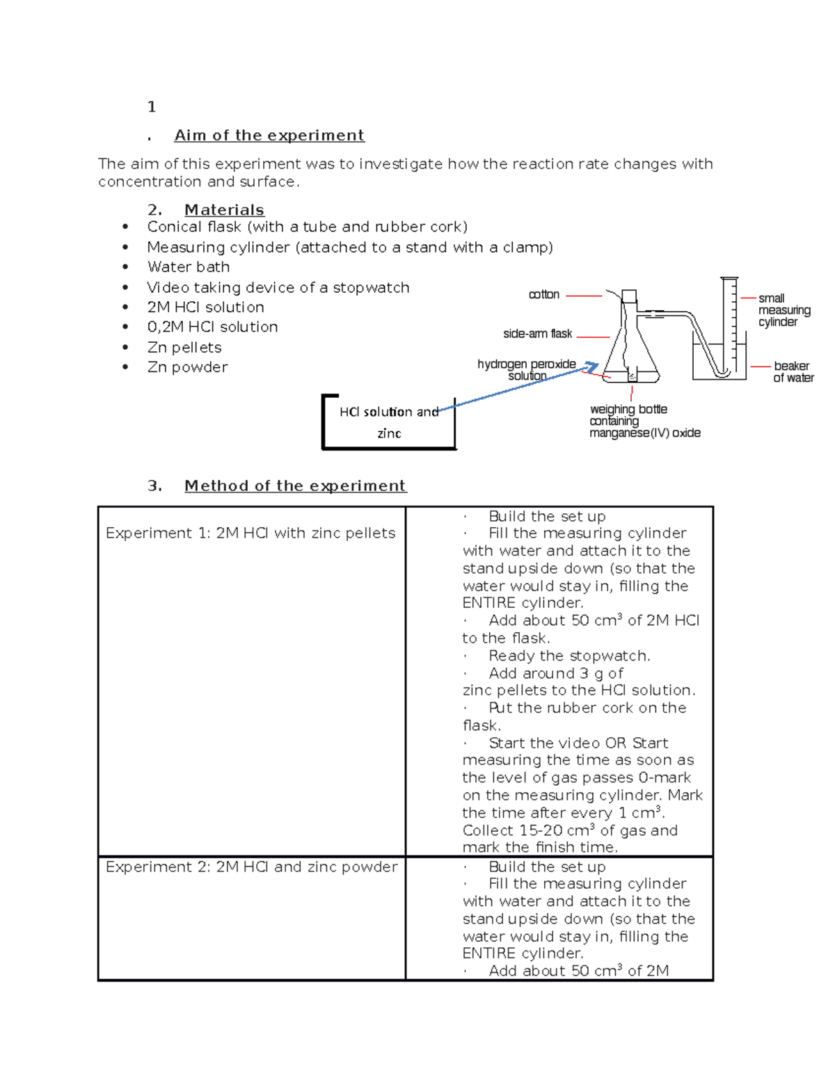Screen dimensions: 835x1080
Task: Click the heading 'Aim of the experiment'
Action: (269, 136)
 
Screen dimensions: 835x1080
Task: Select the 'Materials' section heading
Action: (223, 210)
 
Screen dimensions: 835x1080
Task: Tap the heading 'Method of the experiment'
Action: (294, 486)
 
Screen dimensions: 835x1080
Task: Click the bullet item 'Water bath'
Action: (188, 267)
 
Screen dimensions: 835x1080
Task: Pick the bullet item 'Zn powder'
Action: (187, 367)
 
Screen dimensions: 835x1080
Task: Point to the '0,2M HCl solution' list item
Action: (212, 327)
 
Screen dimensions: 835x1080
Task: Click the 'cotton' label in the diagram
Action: (543, 295)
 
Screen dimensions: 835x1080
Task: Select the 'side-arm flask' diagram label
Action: (537, 334)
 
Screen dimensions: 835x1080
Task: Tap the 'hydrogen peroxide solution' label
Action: (527, 369)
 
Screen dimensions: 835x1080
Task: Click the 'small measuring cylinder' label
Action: (784, 310)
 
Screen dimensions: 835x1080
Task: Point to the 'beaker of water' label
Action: (793, 372)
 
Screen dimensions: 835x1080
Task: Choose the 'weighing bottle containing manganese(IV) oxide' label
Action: (644, 421)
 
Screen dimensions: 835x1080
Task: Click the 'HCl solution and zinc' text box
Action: (388, 422)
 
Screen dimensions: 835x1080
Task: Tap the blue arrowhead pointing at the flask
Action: (591, 366)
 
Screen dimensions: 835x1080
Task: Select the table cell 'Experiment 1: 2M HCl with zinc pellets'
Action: (250, 533)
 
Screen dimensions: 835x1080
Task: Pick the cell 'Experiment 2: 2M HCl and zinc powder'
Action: (251, 867)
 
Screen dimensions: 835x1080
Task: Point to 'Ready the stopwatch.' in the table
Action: (568, 656)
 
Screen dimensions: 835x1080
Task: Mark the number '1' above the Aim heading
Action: (152, 107)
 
